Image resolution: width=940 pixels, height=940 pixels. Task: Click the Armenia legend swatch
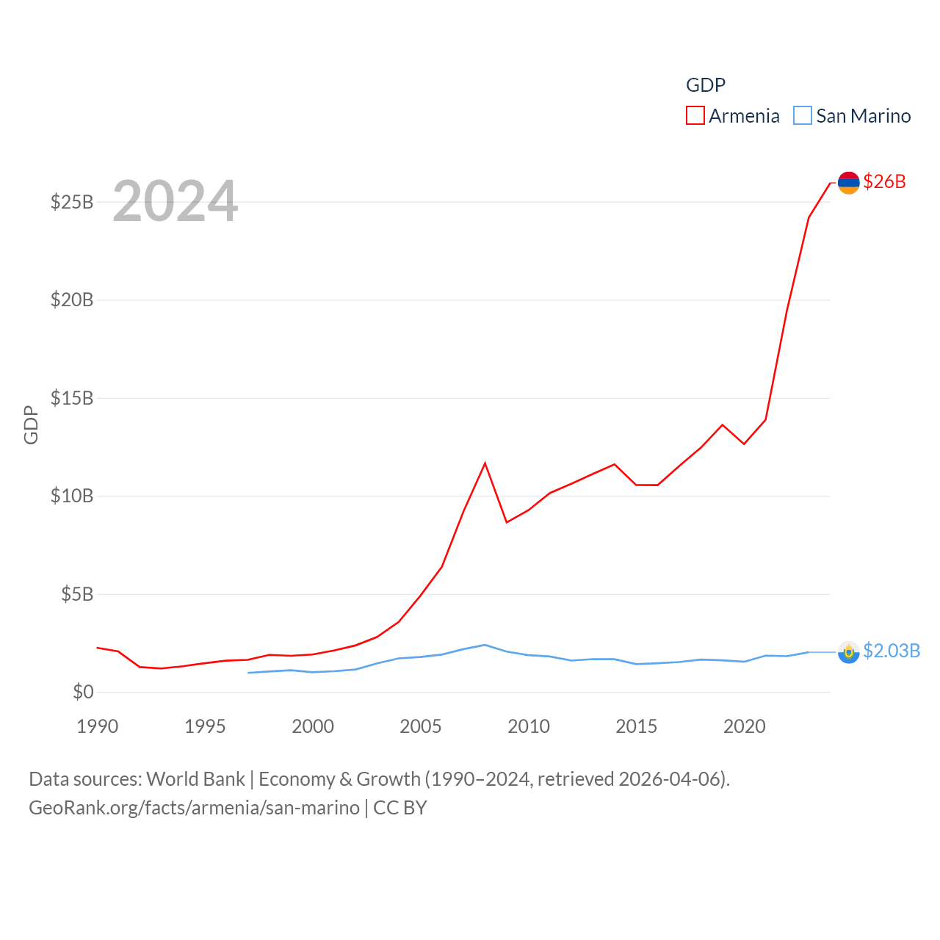coord(695,116)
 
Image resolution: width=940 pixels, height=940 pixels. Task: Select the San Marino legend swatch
coord(803,116)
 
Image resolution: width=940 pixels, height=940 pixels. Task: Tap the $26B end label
coord(884,181)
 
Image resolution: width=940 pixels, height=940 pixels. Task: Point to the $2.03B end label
coord(892,651)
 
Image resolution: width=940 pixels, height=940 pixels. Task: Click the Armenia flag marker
coord(848,182)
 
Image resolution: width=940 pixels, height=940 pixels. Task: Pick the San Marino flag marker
coord(848,651)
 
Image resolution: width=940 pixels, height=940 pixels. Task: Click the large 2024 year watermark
coord(175,200)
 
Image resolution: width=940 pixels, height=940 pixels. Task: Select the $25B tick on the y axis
coord(72,202)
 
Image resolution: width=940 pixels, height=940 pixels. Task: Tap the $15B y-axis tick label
coord(72,398)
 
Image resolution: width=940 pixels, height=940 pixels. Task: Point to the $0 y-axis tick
coord(83,692)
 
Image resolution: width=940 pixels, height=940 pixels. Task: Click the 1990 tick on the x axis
coord(97,726)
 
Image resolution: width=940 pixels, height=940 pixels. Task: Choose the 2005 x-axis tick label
coord(421,726)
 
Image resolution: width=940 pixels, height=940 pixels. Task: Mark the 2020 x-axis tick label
coord(745,726)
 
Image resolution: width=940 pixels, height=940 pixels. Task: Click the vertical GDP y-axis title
coord(31,424)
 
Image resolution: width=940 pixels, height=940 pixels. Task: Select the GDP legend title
coord(706,85)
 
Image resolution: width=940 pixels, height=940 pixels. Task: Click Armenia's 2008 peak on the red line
coord(485,463)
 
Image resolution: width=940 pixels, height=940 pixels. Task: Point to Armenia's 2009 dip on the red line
coord(507,522)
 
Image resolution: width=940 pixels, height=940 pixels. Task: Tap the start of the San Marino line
coord(248,673)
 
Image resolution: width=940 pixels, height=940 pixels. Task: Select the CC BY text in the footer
coord(400,808)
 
